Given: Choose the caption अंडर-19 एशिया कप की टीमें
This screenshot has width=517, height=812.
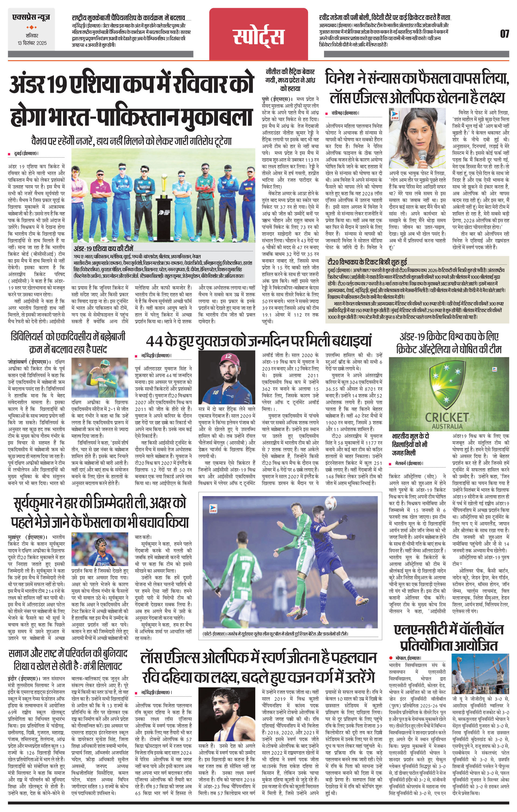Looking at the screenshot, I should pos(105,249).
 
